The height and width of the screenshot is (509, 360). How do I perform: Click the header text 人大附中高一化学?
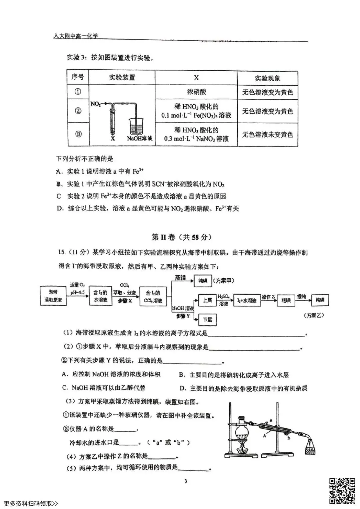coord(76,36)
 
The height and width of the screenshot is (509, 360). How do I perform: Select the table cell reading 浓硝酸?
coord(196,92)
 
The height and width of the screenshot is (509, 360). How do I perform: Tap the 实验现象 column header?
coord(267,78)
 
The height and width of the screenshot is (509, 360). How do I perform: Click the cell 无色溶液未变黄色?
coord(267,135)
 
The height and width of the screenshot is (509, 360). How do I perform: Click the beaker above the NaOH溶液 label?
coord(137,126)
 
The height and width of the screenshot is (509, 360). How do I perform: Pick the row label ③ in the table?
coord(78,134)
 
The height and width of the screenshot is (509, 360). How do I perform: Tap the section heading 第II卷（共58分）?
coord(182,237)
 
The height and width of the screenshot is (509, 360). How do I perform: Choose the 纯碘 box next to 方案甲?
coord(203,281)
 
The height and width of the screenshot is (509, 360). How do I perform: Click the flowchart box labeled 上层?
coord(207,300)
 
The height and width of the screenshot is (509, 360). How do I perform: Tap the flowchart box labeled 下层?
coord(207,319)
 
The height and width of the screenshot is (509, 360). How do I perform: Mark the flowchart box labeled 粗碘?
coord(286,300)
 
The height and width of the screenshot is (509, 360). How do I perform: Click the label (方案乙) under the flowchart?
coord(314,315)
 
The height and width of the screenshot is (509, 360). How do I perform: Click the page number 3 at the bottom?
coord(186,481)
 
